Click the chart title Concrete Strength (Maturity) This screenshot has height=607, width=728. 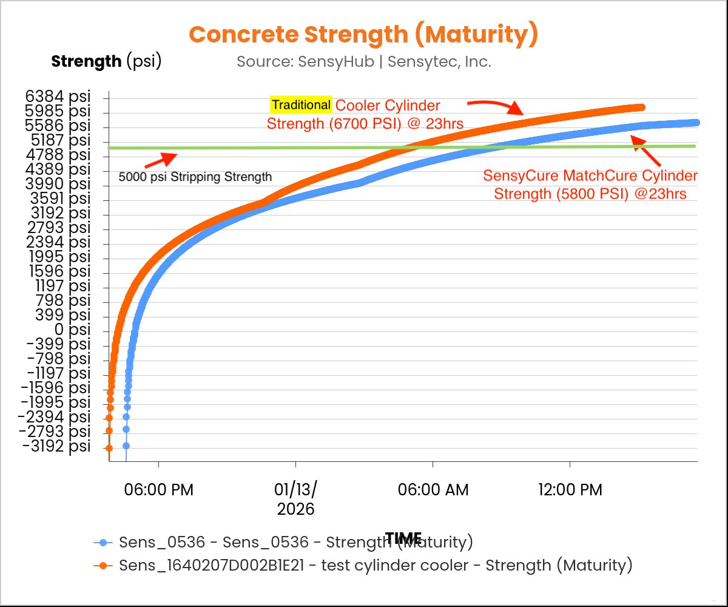pos(363,35)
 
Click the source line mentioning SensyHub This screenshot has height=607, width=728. pos(363,61)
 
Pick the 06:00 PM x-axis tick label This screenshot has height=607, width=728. pos(158,490)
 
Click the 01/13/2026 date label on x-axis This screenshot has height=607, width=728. pos(296,499)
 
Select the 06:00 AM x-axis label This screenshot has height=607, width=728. pos(433,490)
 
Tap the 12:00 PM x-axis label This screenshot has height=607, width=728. pos(570,490)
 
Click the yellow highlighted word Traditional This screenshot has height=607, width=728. pos(301,105)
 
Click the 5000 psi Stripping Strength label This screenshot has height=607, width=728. pos(195,177)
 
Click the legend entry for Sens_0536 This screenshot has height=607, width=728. pos(283,542)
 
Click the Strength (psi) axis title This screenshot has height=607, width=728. pos(106,61)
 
